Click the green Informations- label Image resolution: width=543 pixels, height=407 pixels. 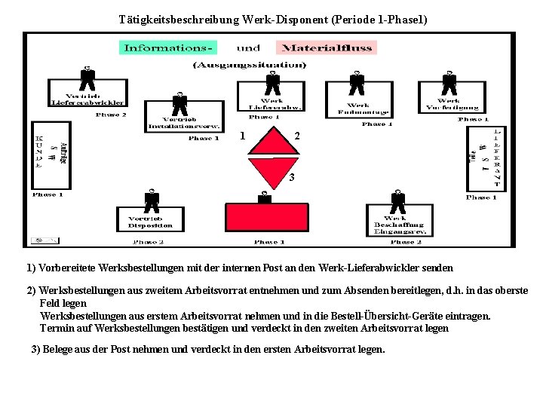[x=168, y=47]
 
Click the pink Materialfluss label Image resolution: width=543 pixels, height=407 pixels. [x=327, y=47]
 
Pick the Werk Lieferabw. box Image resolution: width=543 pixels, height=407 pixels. [x=271, y=104]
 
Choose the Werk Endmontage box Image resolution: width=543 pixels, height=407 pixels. [x=357, y=109]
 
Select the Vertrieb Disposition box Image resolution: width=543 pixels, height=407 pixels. [x=151, y=222]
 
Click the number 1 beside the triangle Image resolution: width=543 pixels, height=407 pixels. [x=241, y=136]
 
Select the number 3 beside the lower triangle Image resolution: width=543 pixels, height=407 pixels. [x=292, y=179]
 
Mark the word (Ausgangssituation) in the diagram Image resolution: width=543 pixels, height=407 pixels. [x=250, y=66]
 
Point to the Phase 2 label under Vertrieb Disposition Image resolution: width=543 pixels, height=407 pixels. [x=149, y=242]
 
